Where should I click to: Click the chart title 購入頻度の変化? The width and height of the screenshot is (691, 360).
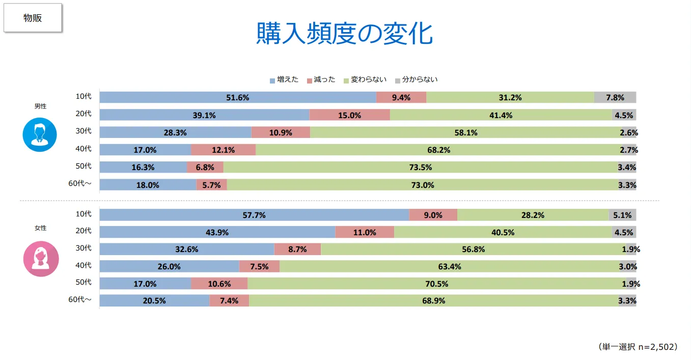click(344, 34)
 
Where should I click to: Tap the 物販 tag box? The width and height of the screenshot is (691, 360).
click(33, 18)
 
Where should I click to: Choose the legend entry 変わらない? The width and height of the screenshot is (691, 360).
click(365, 80)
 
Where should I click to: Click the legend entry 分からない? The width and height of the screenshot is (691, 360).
click(416, 80)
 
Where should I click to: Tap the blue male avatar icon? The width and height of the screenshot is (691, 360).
click(40, 134)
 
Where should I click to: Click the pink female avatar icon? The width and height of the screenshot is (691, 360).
click(41, 259)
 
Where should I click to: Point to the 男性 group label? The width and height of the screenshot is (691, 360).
click(40, 106)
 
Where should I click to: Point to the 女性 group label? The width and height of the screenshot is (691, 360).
click(40, 228)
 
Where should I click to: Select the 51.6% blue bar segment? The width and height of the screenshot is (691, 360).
click(238, 97)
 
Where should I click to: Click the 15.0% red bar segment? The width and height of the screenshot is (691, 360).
click(349, 115)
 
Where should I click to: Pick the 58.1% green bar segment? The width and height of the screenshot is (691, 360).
click(465, 132)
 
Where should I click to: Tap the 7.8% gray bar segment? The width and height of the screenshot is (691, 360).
click(615, 97)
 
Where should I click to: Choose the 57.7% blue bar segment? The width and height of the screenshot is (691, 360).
click(254, 215)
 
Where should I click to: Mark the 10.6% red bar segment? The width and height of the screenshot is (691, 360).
click(219, 284)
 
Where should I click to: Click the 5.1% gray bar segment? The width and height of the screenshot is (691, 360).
click(622, 215)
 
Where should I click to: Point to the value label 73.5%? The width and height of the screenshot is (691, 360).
click(421, 168)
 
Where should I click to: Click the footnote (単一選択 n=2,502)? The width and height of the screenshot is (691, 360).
click(638, 347)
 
